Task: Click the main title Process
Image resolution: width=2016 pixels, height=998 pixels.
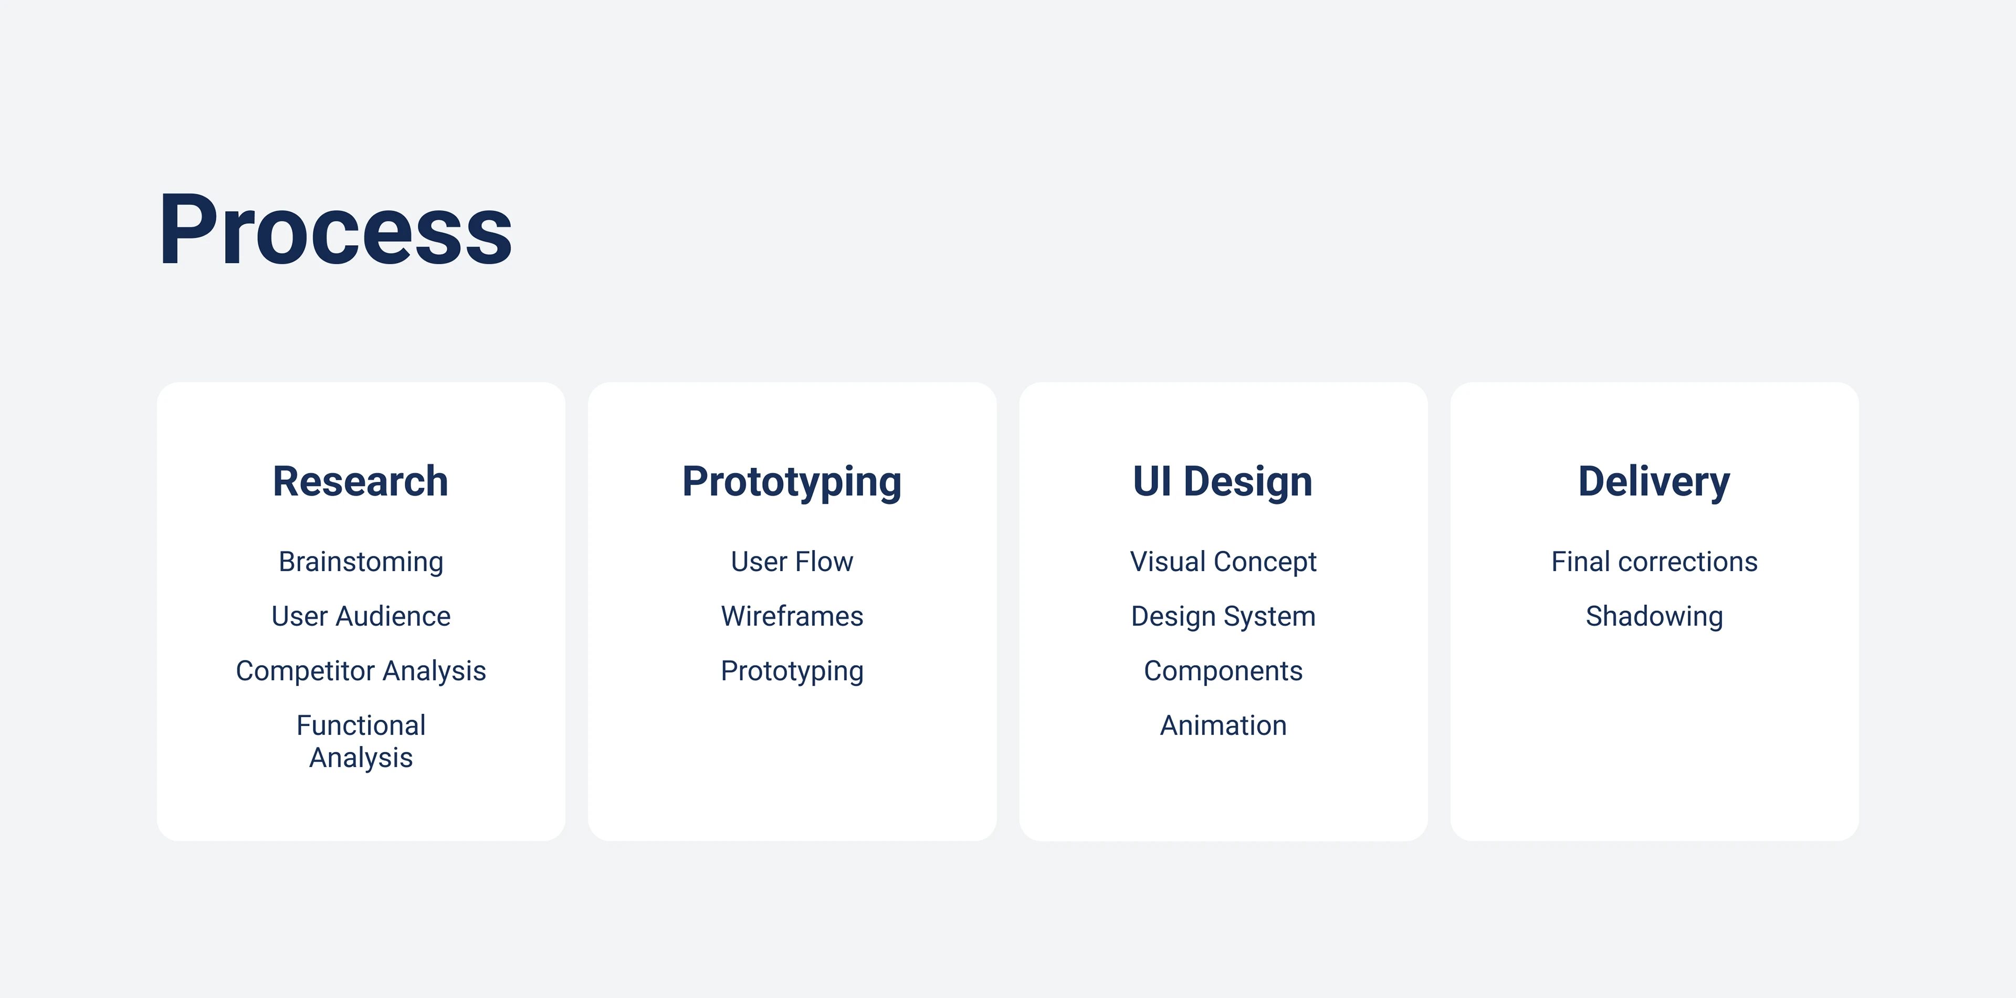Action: click(x=336, y=230)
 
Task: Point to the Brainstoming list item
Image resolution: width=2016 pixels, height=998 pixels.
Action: click(x=361, y=563)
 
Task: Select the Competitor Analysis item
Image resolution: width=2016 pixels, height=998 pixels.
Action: click(x=361, y=671)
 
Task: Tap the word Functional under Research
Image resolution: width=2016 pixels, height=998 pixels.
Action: click(x=361, y=725)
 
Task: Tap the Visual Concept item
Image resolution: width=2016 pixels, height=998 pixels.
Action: click(x=1223, y=563)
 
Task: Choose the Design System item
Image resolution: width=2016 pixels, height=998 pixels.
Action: click(x=1223, y=617)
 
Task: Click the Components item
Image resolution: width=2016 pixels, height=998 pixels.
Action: click(x=1223, y=671)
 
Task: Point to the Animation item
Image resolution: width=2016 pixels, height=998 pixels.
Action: click(x=1223, y=725)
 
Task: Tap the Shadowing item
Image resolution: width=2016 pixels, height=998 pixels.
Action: click(x=1654, y=617)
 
